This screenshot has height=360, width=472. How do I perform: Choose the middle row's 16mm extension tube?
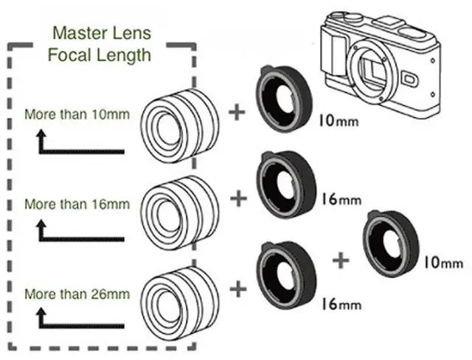pyautogui.click(x=285, y=184)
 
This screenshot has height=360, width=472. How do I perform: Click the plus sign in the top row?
pyautogui.click(x=236, y=113)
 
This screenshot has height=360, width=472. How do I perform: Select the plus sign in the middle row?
pyautogui.click(x=237, y=198)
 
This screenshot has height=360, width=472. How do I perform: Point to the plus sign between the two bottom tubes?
pyautogui.click(x=340, y=260)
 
